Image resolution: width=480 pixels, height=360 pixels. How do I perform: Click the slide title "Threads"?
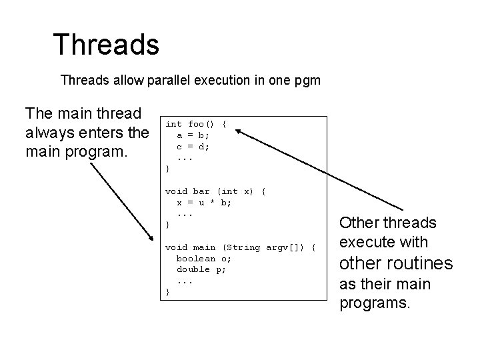(106, 45)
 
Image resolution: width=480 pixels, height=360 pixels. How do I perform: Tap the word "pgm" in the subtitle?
(306, 81)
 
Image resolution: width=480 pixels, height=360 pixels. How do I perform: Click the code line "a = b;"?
(193, 135)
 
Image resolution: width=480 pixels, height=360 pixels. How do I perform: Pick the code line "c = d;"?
(193, 145)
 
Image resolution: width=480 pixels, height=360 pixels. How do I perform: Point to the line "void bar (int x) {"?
(215, 191)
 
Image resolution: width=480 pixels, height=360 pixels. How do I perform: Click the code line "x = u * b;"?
(204, 202)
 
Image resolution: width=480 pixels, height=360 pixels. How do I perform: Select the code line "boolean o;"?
(205, 258)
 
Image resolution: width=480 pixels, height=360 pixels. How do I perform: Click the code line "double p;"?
(201, 269)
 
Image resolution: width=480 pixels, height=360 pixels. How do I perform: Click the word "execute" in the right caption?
(368, 242)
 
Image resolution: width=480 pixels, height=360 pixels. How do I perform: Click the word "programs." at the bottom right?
(375, 303)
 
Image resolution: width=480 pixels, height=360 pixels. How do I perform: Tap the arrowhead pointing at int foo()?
(239, 132)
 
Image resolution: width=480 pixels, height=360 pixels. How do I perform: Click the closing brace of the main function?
(167, 292)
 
